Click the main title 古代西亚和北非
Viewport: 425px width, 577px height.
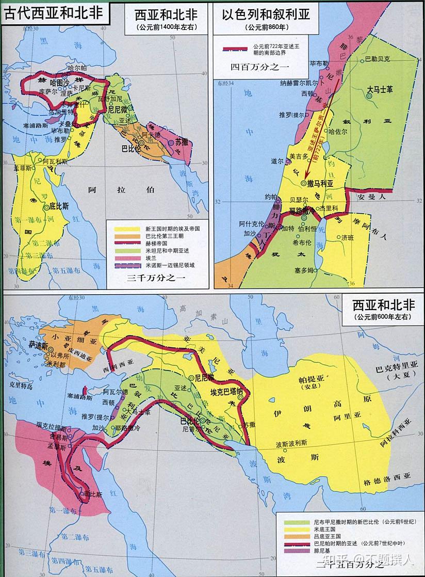click(54, 11)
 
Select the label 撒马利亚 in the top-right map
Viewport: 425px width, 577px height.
click(320, 183)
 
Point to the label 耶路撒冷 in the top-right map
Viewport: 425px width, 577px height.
click(303, 212)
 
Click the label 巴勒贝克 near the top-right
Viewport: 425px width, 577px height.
click(379, 59)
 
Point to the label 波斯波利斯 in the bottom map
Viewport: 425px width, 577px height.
click(291, 443)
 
